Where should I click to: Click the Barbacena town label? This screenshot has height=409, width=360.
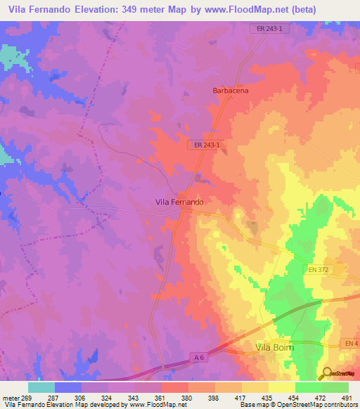pos(231,91)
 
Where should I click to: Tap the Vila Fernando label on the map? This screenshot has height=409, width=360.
pos(179,202)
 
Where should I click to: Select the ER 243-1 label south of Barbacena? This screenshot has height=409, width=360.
pos(207,145)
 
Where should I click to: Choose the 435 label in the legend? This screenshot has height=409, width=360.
pos(266,397)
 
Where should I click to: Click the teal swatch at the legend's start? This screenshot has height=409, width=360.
pos(41,387)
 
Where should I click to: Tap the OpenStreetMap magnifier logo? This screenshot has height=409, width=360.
pos(326,372)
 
